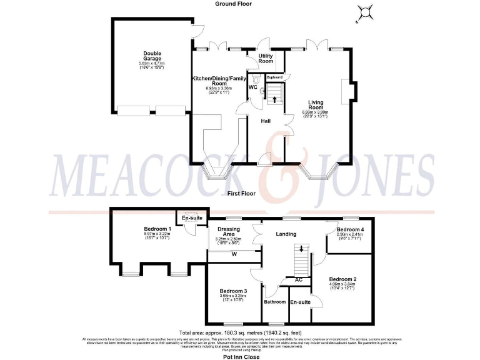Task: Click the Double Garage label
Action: click(x=152, y=56)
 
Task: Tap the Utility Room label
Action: click(x=266, y=59)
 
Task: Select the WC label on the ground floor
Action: click(x=252, y=87)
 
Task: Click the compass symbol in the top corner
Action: click(x=363, y=13)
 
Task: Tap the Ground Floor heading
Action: click(x=234, y=4)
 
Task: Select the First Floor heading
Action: click(x=241, y=194)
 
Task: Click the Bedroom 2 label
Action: click(x=343, y=279)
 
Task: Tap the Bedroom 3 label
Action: click(x=233, y=291)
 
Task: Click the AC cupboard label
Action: click(x=299, y=279)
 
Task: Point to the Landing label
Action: click(x=285, y=234)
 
